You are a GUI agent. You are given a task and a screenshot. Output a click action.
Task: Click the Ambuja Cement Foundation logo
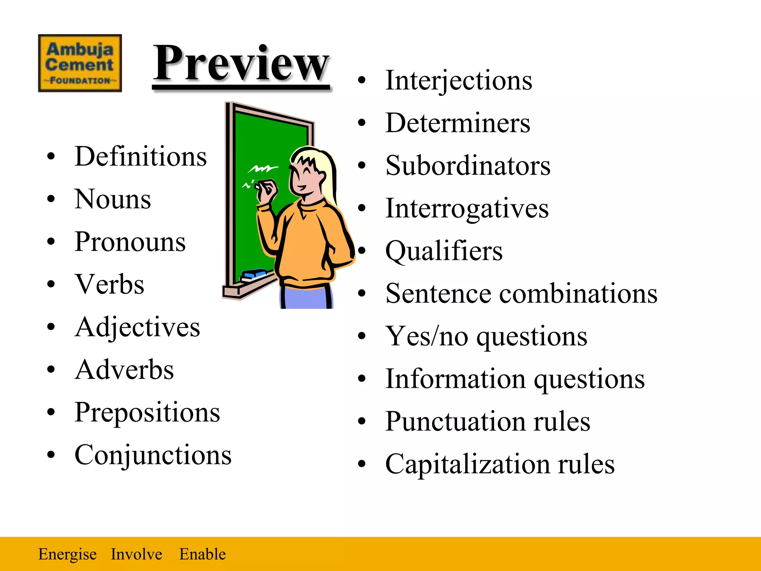tap(80, 63)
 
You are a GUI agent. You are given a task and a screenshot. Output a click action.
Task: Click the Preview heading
tap(241, 63)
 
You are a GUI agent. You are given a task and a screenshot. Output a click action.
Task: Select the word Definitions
tap(140, 157)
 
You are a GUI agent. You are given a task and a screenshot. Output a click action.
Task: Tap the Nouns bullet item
tap(113, 199)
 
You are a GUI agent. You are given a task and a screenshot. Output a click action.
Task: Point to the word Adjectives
tap(137, 328)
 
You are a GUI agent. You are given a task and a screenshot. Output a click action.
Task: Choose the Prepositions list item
tap(147, 413)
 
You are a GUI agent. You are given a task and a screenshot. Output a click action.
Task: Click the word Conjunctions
tap(153, 455)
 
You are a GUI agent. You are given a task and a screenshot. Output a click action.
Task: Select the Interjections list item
tap(459, 80)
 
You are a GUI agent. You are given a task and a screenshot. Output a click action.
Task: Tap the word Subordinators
tap(468, 165)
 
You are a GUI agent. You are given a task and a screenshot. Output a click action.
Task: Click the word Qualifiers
tap(444, 251)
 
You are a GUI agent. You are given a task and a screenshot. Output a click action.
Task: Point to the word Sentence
tap(438, 294)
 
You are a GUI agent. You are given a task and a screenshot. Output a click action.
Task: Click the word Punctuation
tap(455, 422)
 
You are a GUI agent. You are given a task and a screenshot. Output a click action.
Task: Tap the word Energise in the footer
tap(67, 554)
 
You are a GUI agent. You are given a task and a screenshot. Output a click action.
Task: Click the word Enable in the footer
tap(203, 554)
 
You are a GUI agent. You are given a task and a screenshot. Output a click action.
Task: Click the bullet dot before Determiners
tap(362, 123)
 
